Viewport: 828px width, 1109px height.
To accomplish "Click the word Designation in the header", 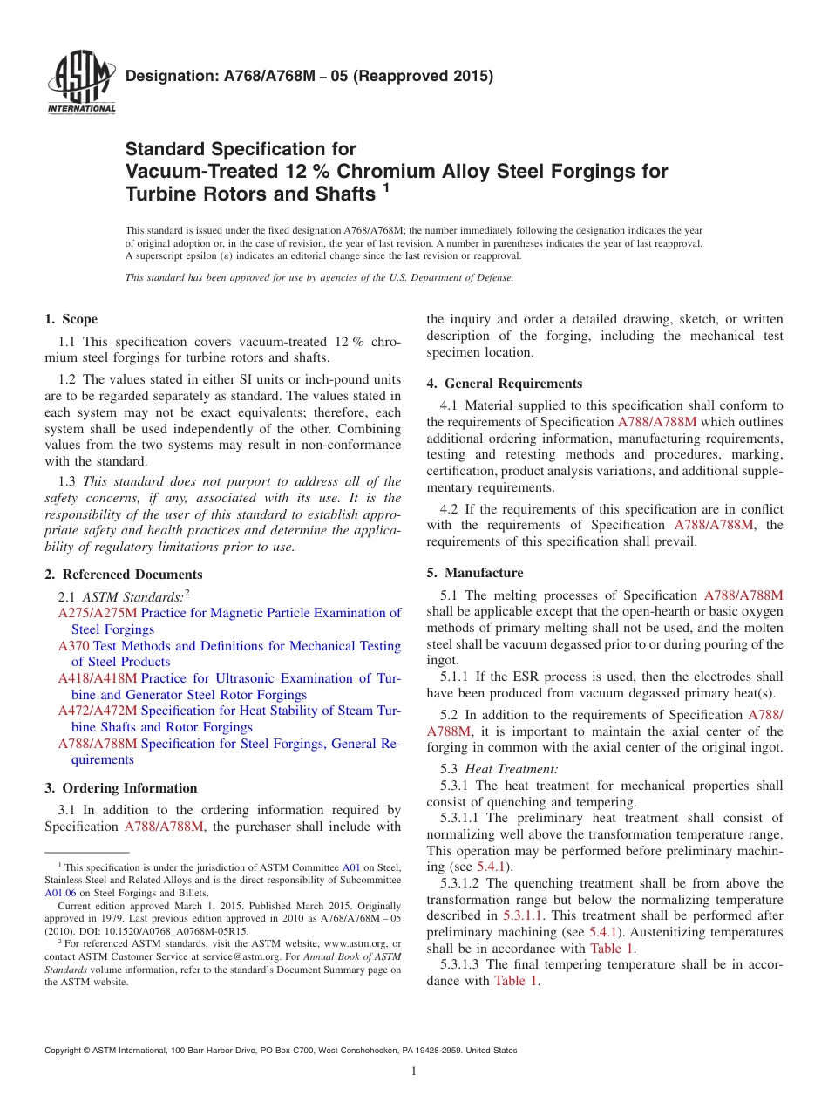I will pyautogui.click(x=168, y=76).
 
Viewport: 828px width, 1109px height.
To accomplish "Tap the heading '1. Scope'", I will pyautogui.click(x=71, y=319).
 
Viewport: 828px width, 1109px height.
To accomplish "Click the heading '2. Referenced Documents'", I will pyautogui.click(x=124, y=575).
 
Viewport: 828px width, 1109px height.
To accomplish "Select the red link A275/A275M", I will pyautogui.click(x=98, y=613).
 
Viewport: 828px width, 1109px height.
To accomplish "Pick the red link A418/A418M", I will pyautogui.click(x=98, y=678).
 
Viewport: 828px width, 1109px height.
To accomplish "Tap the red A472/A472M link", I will pyautogui.click(x=98, y=711).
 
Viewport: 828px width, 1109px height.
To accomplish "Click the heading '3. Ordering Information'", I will pyautogui.click(x=121, y=788).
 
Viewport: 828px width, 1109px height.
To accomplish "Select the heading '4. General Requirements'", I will pyautogui.click(x=505, y=384).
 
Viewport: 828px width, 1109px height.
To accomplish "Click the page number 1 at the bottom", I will pyautogui.click(x=414, y=1072).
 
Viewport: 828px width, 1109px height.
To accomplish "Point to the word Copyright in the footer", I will pyautogui.click(x=64, y=1051).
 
